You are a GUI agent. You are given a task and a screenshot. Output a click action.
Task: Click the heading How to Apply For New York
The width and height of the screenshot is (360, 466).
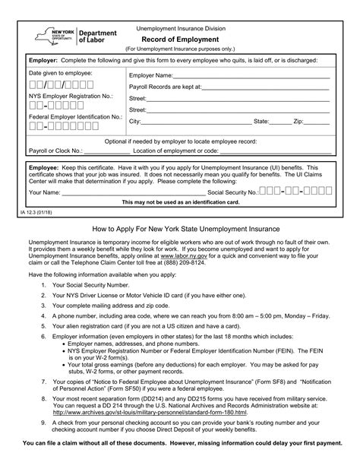click(x=179, y=228)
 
